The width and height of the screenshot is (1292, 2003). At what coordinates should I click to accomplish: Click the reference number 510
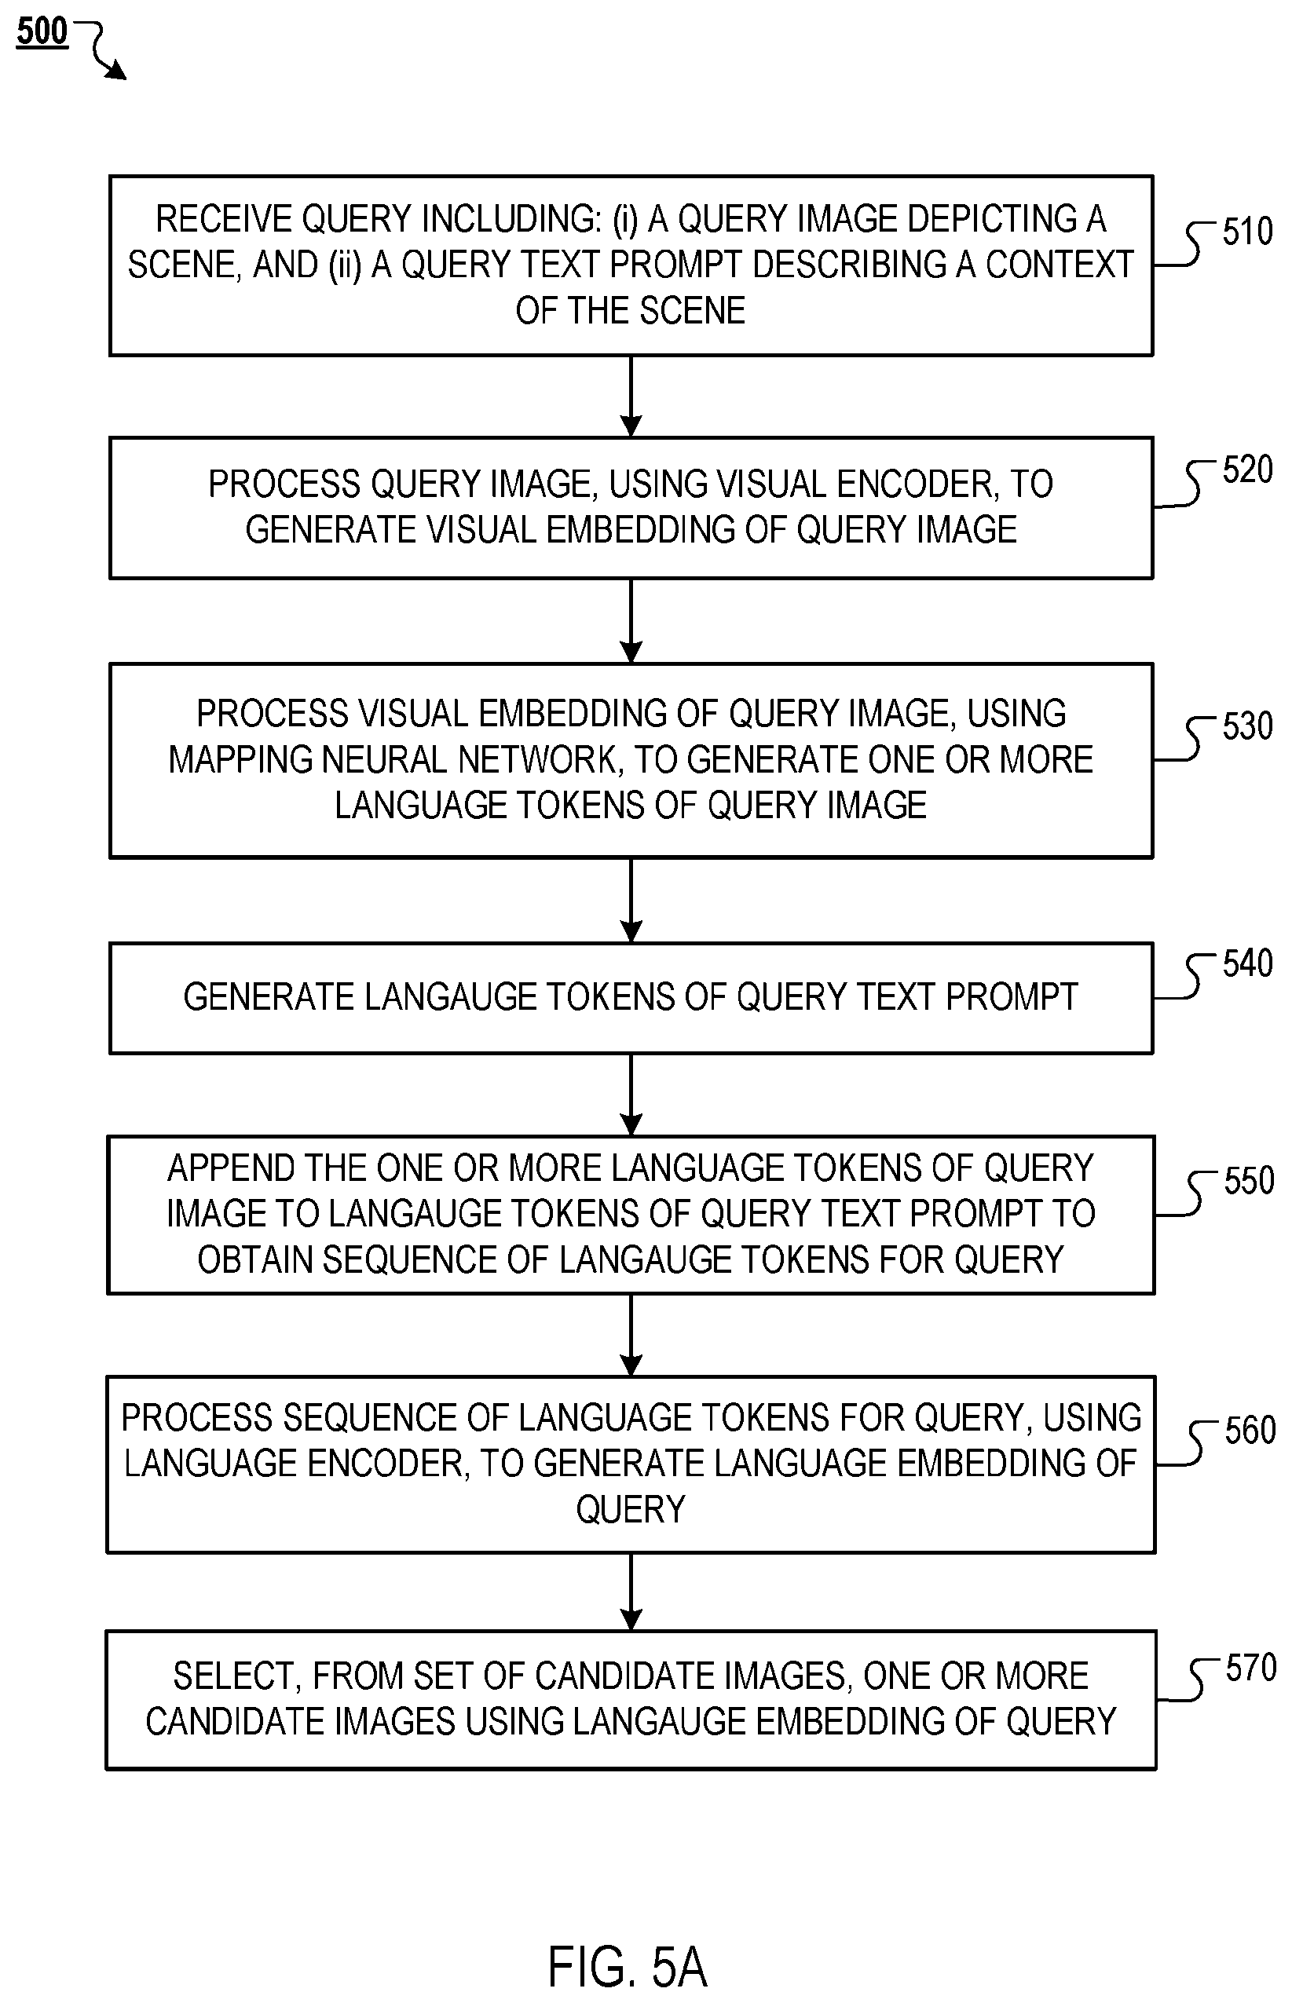coord(1247,232)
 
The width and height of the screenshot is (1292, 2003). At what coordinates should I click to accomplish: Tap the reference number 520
coord(1247,470)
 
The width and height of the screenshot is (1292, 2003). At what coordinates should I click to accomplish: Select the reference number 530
coord(1247,726)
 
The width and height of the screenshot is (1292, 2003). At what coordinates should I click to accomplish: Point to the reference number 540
coord(1247,963)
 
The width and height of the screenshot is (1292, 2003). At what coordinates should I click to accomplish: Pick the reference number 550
coord(1250,1181)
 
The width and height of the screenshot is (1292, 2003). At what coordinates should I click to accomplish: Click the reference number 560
coord(1250,1430)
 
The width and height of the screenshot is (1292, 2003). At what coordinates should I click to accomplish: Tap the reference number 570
coord(1251,1668)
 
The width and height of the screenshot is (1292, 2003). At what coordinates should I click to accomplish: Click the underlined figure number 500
coord(42,32)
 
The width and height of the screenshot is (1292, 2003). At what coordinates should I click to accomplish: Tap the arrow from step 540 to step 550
coord(631,1095)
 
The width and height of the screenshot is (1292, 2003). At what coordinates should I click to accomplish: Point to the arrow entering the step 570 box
coord(631,1591)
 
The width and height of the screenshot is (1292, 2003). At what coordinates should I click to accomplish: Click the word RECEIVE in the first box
coord(224,219)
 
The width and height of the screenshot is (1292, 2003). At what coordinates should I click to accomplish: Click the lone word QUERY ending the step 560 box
coord(631,1510)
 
